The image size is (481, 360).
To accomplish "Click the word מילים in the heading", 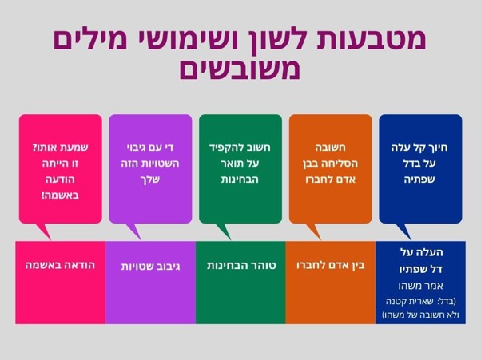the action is [89, 40].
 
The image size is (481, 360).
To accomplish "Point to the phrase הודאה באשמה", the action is [60, 265].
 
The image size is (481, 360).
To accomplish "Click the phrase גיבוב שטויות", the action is [150, 266].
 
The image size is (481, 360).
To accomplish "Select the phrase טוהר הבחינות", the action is [241, 265].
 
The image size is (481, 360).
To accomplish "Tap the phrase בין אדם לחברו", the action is [331, 265].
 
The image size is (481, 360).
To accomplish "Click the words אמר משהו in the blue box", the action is [420, 286].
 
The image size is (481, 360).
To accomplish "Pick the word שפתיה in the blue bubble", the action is [419, 180].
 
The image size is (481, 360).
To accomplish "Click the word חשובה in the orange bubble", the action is [330, 148].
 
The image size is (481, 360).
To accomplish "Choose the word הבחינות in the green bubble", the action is [240, 180].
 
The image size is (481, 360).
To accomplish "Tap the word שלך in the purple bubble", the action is [150, 180].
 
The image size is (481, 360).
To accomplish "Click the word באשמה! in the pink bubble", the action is [60, 195].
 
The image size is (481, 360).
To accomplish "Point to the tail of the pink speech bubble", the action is [44, 231].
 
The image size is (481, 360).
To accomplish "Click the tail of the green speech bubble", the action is [224, 231].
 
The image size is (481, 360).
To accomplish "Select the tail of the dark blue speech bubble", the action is [404, 231].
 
